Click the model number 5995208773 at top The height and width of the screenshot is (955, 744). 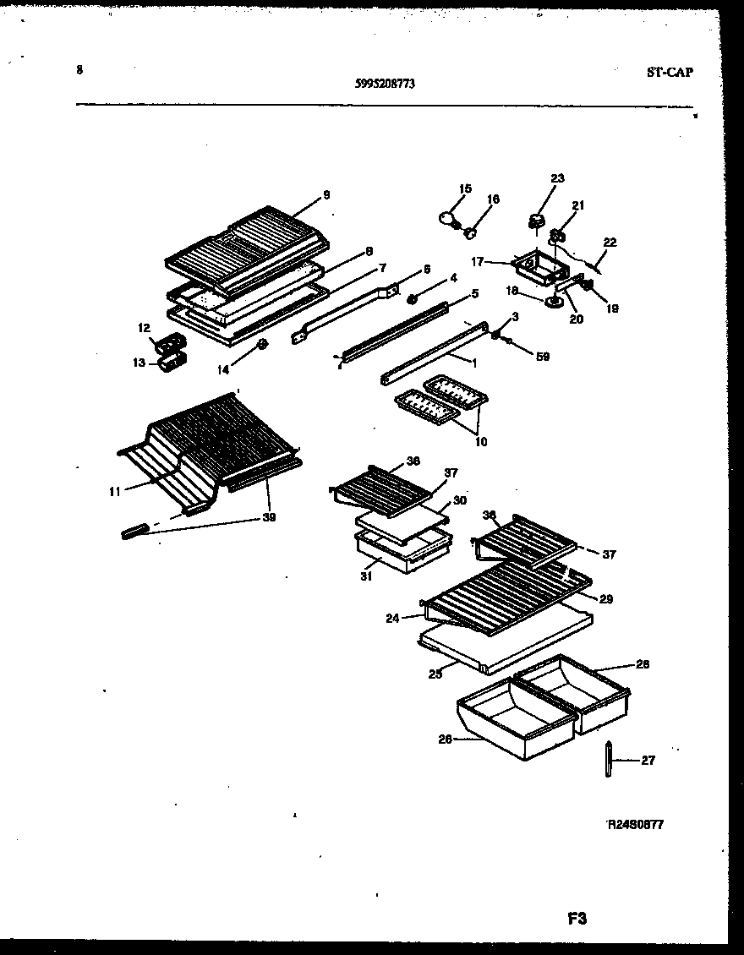(x=385, y=84)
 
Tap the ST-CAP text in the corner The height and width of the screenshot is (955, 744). (x=670, y=73)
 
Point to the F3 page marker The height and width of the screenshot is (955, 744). (x=577, y=918)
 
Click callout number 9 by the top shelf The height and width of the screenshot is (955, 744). (x=325, y=196)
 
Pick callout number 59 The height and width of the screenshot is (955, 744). (x=542, y=357)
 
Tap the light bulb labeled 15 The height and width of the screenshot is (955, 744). (x=448, y=219)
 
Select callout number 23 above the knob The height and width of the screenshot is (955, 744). (x=556, y=178)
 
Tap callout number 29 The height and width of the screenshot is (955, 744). (x=605, y=599)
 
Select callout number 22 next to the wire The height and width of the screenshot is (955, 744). (x=610, y=243)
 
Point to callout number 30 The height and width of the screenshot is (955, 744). (x=459, y=500)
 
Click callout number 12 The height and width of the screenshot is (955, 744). (x=144, y=327)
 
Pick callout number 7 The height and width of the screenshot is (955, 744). (x=382, y=268)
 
